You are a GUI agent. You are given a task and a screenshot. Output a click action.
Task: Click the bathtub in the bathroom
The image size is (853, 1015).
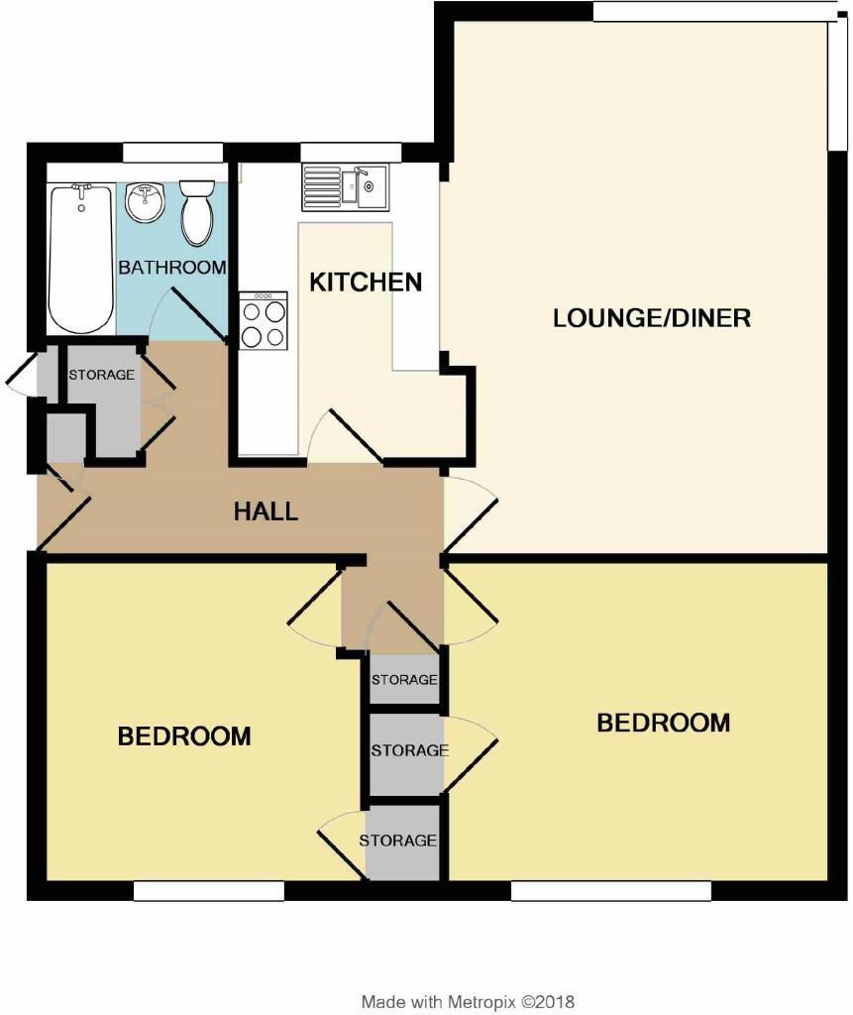coord(81,258)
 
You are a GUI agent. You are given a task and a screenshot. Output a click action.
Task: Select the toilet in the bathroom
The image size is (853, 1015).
coord(197,212)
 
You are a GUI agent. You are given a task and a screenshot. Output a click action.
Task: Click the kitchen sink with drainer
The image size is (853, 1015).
coord(346,187)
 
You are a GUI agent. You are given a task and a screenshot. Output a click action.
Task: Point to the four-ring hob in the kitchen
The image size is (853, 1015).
coord(264,321)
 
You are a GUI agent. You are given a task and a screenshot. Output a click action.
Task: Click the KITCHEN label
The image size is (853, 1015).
coord(366,282)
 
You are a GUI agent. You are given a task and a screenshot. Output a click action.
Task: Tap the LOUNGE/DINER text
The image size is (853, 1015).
coord(651,318)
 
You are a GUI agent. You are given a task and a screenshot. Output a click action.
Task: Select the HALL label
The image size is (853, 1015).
coord(266,511)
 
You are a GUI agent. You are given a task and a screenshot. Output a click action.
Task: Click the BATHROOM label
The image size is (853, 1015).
coord(172,268)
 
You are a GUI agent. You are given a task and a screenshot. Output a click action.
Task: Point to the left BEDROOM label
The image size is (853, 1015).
coord(184,736)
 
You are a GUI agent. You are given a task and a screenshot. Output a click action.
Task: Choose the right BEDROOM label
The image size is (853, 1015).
coord(663,723)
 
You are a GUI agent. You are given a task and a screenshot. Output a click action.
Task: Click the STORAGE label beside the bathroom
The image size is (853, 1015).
coord(101,376)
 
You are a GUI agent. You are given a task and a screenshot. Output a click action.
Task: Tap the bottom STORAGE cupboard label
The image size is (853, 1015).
coord(397,841)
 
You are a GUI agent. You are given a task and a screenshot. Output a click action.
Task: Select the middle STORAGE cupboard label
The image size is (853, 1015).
coord(409,750)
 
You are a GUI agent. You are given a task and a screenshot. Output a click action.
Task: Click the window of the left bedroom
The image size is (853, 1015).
coord(208,892)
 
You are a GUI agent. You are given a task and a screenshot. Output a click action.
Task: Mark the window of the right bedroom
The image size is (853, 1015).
coord(610,892)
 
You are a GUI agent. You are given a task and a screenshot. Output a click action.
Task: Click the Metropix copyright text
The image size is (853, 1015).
coord(468,1002)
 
